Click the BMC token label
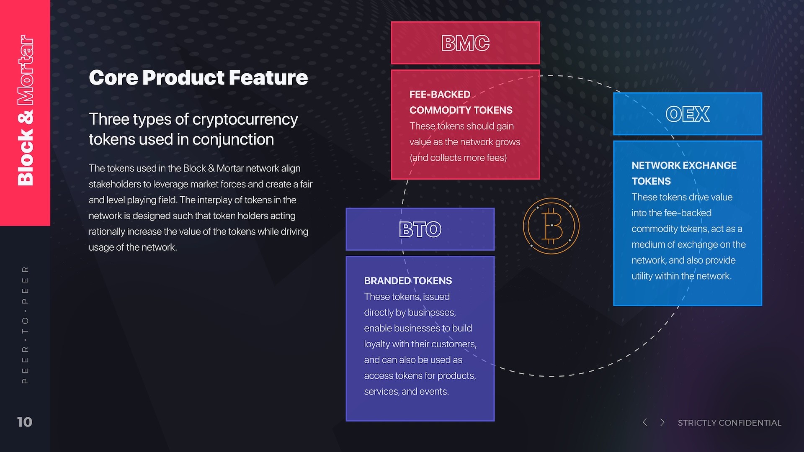coord(465,43)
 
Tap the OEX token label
coord(688,114)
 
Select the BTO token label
coord(420,229)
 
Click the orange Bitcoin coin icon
coord(551,226)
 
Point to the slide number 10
coord(25,422)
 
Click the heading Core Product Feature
coord(198,78)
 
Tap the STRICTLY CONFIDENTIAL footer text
coord(729,423)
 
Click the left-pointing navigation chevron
coord(645,422)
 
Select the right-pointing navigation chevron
coord(662,422)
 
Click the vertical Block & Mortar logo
coord(25,110)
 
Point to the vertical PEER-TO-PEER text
coord(25,325)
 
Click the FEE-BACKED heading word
coord(440,95)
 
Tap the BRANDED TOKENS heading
coord(408,281)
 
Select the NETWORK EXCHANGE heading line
coord(684,166)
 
